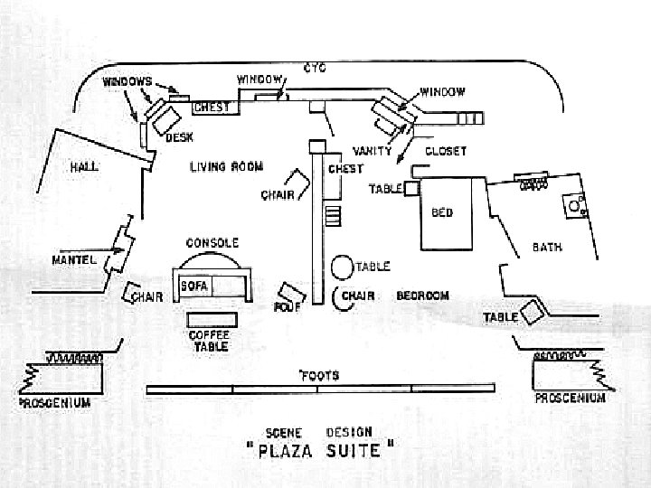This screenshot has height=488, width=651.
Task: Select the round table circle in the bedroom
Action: (x=342, y=267)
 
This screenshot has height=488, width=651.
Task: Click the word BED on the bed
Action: (x=442, y=213)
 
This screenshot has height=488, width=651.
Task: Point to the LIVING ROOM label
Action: (x=226, y=167)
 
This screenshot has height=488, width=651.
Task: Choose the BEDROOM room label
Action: (x=423, y=296)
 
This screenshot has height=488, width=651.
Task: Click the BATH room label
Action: (x=547, y=247)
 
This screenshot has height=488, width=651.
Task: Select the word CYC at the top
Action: (x=315, y=68)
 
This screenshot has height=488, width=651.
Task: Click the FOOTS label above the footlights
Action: (x=318, y=375)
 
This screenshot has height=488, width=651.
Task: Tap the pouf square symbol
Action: (x=291, y=295)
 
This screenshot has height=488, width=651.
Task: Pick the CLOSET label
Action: (x=446, y=152)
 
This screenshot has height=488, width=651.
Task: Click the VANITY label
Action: (x=372, y=151)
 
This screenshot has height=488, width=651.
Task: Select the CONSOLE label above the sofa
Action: (x=212, y=243)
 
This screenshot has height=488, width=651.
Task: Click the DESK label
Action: (x=179, y=137)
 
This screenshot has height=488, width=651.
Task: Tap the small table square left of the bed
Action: (x=410, y=187)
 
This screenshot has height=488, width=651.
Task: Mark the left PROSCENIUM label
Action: (x=55, y=403)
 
